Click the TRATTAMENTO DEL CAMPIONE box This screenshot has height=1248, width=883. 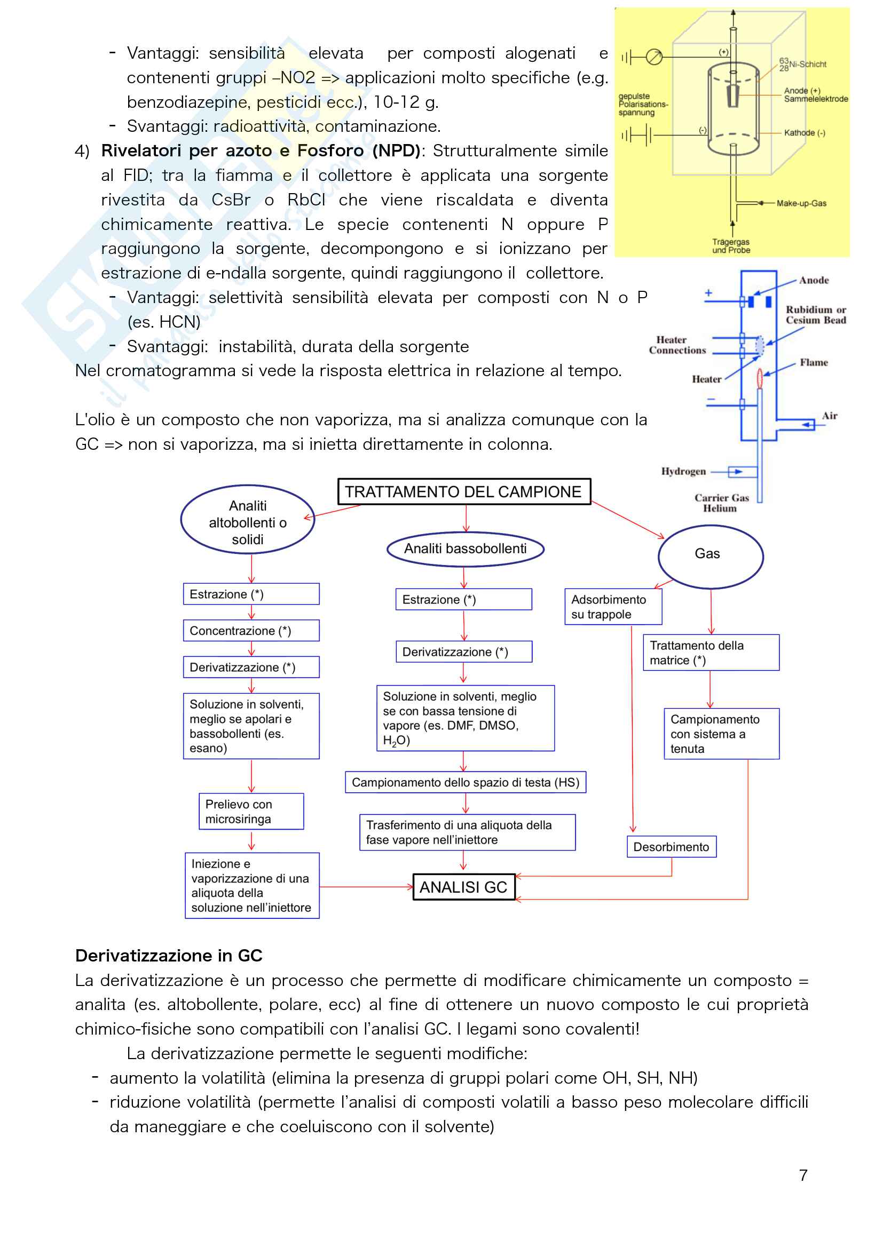(464, 492)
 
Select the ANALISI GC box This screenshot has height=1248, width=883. (463, 887)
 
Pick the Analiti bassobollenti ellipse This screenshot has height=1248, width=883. (466, 549)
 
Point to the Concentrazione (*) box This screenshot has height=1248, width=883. (251, 631)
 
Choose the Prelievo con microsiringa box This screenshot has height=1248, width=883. (251, 812)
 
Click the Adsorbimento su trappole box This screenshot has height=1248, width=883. (613, 607)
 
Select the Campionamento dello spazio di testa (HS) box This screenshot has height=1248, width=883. (466, 782)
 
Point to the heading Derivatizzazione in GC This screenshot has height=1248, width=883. (169, 956)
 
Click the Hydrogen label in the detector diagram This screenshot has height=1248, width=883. (683, 471)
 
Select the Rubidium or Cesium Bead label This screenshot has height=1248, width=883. (816, 315)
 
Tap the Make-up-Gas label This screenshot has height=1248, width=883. (801, 203)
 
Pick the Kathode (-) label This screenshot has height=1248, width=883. (804, 133)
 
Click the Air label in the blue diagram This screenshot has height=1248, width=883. (829, 416)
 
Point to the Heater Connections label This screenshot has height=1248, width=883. (677, 345)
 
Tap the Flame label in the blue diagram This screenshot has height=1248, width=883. (814, 362)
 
